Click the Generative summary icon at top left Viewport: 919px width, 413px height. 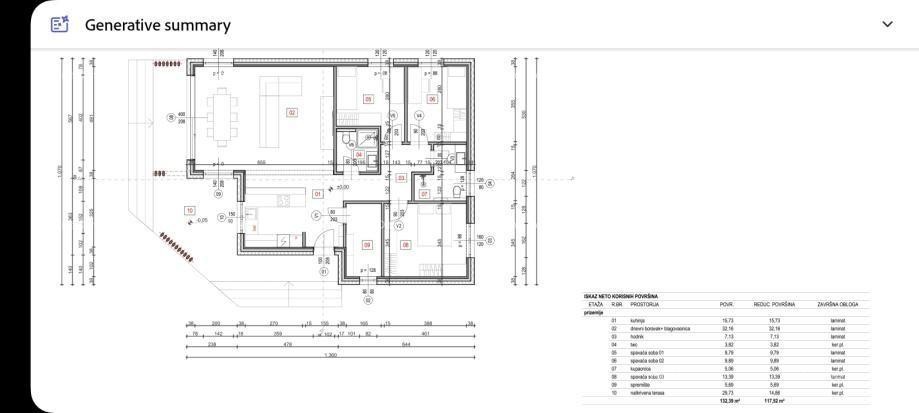(x=60, y=24)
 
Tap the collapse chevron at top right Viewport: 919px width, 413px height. (x=887, y=24)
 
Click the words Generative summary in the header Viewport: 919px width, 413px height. (x=157, y=25)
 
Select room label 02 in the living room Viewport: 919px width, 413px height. (x=292, y=112)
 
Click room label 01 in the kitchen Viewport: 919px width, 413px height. (x=318, y=193)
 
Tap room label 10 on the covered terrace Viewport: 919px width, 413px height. (x=189, y=210)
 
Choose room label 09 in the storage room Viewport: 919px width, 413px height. (x=367, y=245)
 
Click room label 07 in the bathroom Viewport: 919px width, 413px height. (x=424, y=193)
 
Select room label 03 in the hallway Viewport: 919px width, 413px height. (x=400, y=178)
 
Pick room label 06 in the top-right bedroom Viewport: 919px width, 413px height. (x=433, y=98)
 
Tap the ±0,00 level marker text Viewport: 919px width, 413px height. (x=341, y=187)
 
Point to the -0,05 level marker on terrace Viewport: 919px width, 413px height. (x=203, y=220)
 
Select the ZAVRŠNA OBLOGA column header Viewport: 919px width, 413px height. (x=837, y=304)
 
